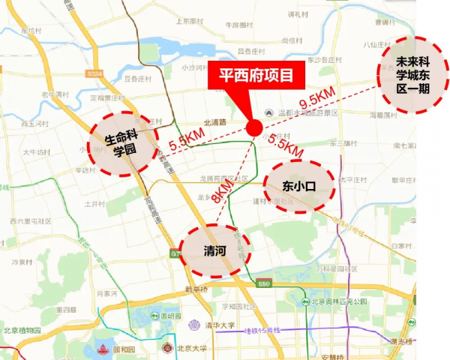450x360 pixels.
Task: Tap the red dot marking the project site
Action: (x=255, y=127)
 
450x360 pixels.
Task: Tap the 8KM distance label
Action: (x=223, y=189)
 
